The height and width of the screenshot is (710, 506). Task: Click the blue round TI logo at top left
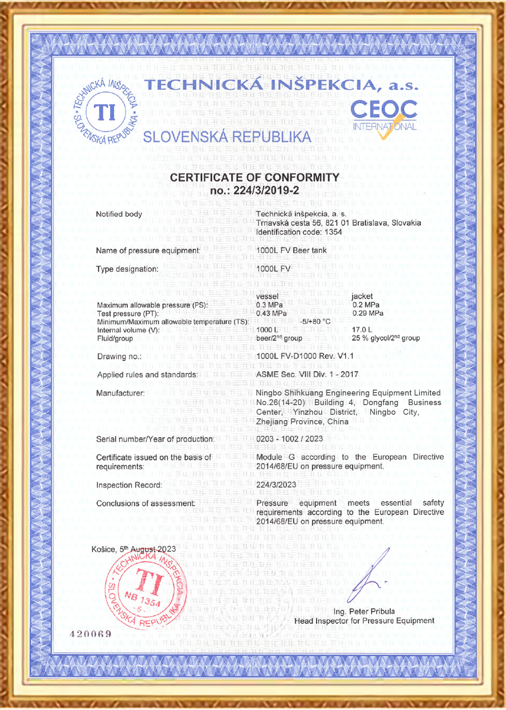click(x=105, y=112)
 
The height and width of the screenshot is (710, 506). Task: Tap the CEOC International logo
click(x=384, y=117)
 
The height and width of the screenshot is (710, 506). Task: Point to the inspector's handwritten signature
click(x=369, y=576)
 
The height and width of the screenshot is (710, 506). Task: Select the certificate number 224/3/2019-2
click(x=254, y=190)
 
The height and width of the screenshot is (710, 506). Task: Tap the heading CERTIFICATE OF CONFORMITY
click(x=254, y=177)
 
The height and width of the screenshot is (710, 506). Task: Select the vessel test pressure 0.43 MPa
click(x=271, y=313)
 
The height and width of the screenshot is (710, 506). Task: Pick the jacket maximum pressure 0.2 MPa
click(x=366, y=305)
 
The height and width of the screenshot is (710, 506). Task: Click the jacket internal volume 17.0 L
click(x=361, y=330)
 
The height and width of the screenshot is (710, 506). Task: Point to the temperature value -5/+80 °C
click(x=315, y=322)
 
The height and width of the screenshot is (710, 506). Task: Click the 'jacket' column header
click(x=362, y=296)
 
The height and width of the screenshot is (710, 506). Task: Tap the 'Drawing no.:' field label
click(x=119, y=357)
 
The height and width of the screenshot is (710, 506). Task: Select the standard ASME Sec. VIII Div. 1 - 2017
click(x=307, y=374)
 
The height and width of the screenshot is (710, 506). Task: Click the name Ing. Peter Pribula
click(x=364, y=611)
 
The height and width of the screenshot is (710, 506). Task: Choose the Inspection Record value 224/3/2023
click(x=276, y=484)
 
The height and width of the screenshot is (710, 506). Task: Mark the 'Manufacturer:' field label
click(x=120, y=393)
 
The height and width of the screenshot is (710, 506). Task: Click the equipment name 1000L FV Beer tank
click(x=291, y=251)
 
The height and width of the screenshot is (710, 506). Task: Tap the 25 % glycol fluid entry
click(x=386, y=338)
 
